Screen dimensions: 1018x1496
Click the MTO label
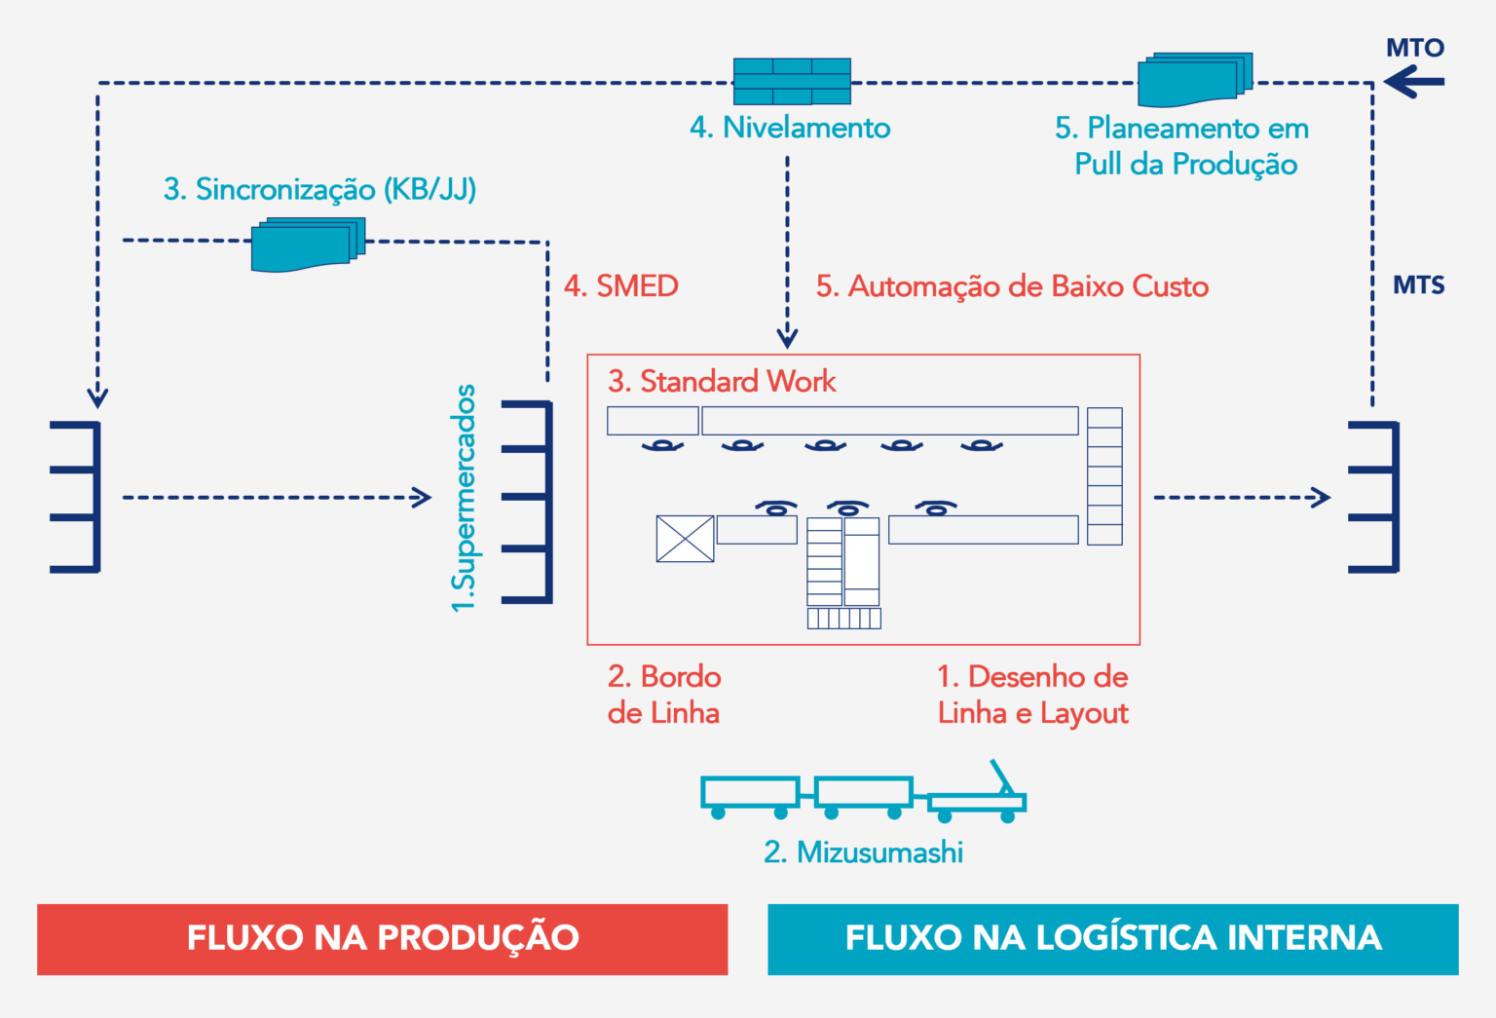pos(1414,48)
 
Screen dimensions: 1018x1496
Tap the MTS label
pos(1418,285)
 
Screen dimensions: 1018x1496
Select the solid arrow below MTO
pos(1414,83)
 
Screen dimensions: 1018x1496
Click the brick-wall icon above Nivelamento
pos(791,81)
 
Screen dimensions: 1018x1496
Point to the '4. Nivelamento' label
pos(790,128)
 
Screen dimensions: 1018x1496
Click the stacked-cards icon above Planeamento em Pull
pos(1194,80)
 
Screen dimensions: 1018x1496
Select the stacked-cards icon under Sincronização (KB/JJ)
pos(308,245)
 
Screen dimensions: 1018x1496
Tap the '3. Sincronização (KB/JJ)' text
pos(319,189)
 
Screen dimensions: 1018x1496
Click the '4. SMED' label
pos(621,286)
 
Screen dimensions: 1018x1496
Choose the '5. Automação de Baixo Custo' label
pos(1012,286)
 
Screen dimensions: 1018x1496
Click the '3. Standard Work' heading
pos(722,381)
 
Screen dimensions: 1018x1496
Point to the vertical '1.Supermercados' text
pos(465,498)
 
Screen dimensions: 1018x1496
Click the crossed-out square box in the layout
pos(685,539)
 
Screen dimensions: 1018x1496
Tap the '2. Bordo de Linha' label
pos(664,695)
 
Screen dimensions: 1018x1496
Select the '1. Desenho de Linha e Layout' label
pos(1032,695)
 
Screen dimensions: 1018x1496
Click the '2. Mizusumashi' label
pos(863,852)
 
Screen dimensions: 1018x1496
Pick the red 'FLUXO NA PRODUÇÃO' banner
pos(383,939)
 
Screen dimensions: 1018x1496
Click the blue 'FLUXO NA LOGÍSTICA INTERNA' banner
pos(1112,939)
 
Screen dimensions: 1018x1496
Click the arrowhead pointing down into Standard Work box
pos(787,338)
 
